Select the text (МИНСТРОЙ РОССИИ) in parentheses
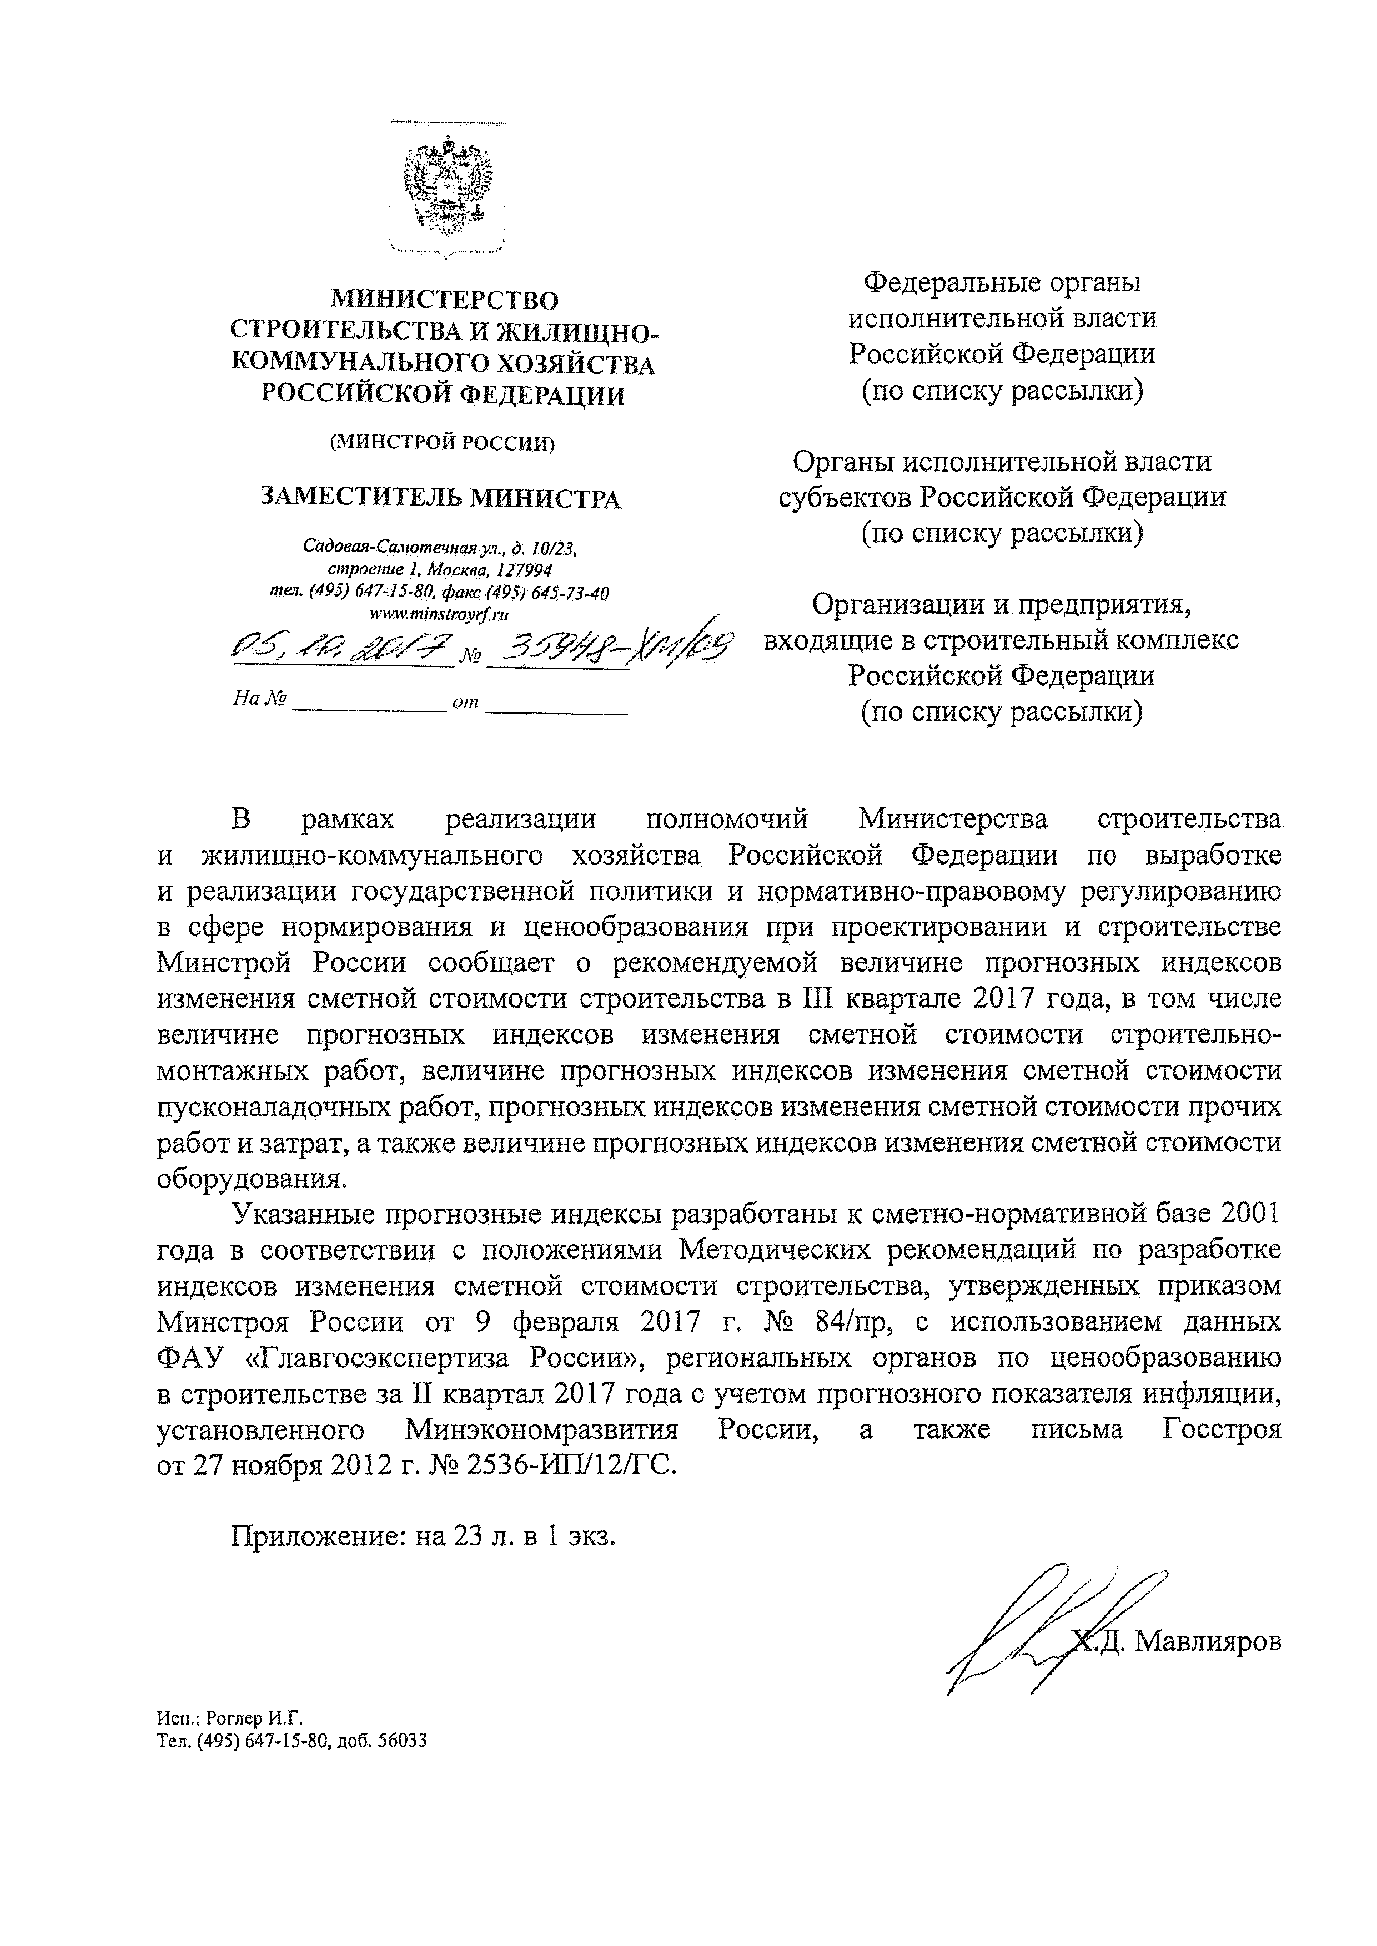coord(441,442)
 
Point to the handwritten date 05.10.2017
coord(343,651)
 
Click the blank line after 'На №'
coord(368,704)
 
